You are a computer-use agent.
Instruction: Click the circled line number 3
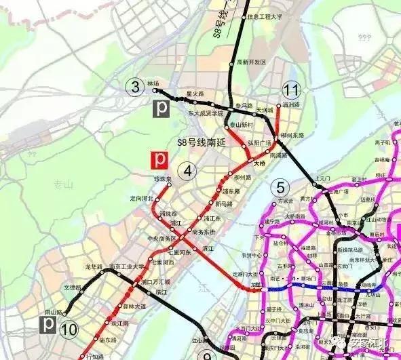click(x=136, y=86)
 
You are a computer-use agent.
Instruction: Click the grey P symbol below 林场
click(x=162, y=107)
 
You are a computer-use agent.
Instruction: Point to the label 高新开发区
click(x=252, y=62)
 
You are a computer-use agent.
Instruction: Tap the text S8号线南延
click(x=199, y=142)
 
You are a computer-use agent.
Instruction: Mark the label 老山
click(x=63, y=183)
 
